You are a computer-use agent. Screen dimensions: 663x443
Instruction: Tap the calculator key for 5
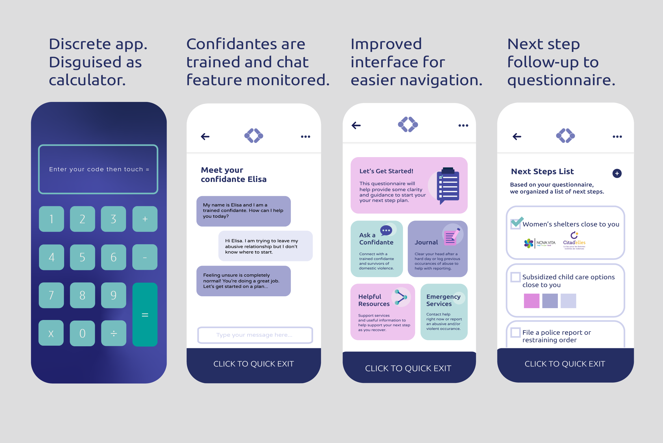(82, 257)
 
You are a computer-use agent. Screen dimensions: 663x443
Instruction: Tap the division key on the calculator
(114, 333)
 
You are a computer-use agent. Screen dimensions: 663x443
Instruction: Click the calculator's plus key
(145, 219)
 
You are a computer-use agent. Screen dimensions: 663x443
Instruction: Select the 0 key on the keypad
(82, 333)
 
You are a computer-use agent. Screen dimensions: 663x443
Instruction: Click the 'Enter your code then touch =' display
(98, 169)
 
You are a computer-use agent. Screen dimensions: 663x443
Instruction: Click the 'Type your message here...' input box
(255, 335)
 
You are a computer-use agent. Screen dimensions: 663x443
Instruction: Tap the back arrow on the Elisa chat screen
(205, 137)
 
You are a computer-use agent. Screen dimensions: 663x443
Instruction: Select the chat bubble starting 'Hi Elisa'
(265, 246)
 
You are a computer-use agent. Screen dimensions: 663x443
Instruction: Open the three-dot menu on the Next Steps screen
(617, 137)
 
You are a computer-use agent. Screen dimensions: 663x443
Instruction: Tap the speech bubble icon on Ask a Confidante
(386, 230)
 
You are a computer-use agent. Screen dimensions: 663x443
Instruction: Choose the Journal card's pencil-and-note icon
(452, 237)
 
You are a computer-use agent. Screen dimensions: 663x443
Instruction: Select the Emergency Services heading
(443, 300)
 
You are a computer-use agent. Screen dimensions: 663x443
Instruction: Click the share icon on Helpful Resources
(401, 297)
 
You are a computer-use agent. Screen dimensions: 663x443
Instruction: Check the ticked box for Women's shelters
(516, 223)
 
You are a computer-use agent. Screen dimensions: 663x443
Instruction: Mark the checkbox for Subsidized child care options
(516, 277)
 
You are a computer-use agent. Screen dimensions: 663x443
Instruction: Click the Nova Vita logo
(540, 243)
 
